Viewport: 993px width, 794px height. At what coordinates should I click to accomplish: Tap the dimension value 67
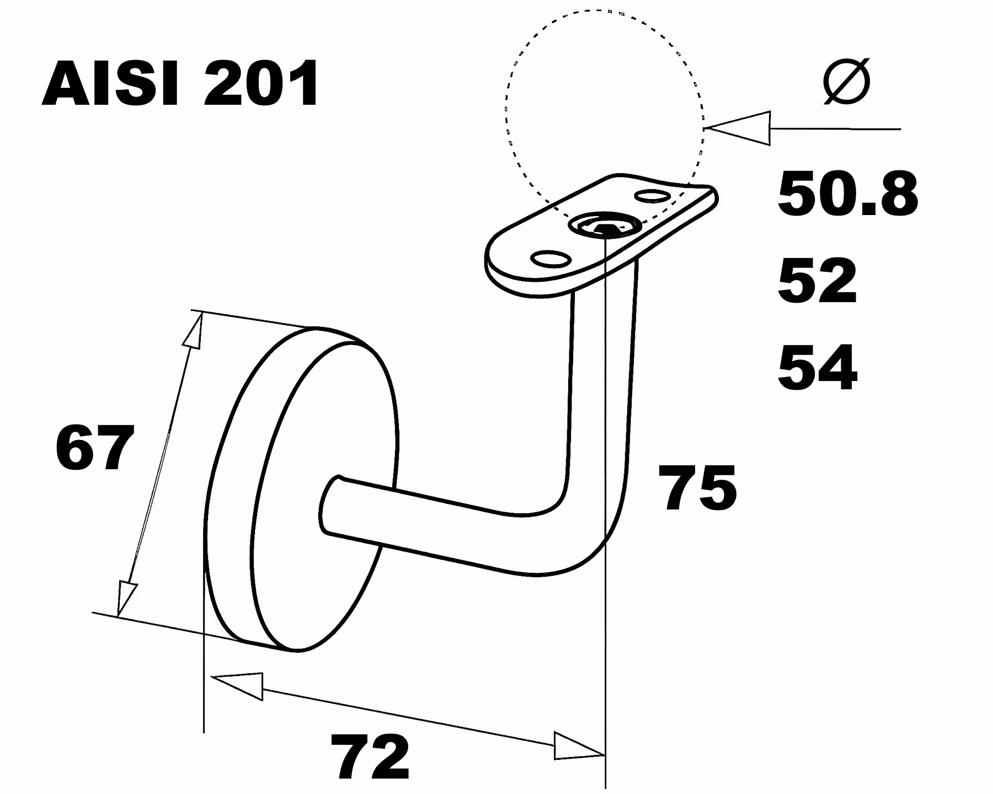tap(95, 448)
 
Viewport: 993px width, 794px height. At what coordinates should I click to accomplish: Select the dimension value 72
tap(370, 757)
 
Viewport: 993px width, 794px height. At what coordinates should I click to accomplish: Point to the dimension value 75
tap(700, 487)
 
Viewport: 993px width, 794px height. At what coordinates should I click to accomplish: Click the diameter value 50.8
tap(847, 194)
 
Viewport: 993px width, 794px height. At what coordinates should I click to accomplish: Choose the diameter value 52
tap(817, 280)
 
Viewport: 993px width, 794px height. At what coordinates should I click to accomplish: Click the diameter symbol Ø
tap(846, 82)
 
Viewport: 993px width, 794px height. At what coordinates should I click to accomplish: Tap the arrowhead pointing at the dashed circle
tap(738, 128)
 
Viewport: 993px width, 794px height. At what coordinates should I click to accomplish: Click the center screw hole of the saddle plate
tap(605, 225)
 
